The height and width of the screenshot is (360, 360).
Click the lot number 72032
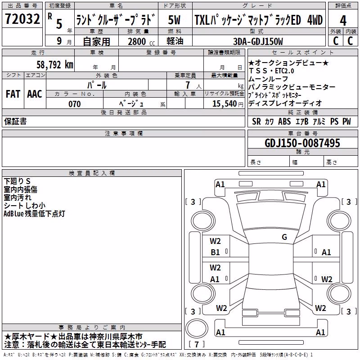[22, 19]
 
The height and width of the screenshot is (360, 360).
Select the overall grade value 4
[343, 20]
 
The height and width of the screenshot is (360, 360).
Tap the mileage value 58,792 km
[55, 65]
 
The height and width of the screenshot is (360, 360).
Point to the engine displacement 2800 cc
[141, 41]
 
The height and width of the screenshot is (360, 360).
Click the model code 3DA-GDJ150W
[258, 41]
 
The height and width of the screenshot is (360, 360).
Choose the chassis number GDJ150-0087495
[302, 143]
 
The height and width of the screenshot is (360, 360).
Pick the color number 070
[75, 104]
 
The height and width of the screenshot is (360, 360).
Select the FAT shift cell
[13, 94]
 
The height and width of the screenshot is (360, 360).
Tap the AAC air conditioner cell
[35, 94]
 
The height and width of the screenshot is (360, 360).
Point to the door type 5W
[174, 20]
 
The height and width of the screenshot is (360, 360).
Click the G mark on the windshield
[284, 237]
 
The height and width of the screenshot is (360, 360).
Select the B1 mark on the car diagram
[215, 252]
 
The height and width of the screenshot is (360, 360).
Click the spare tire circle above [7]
[197, 328]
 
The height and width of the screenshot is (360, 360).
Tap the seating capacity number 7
[188, 85]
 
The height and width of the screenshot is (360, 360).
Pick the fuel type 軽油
[175, 41]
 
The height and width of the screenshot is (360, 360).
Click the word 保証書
[15, 121]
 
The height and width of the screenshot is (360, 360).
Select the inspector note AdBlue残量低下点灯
[34, 213]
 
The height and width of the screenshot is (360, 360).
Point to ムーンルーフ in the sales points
[268, 79]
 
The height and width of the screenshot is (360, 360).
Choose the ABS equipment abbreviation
[284, 121]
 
